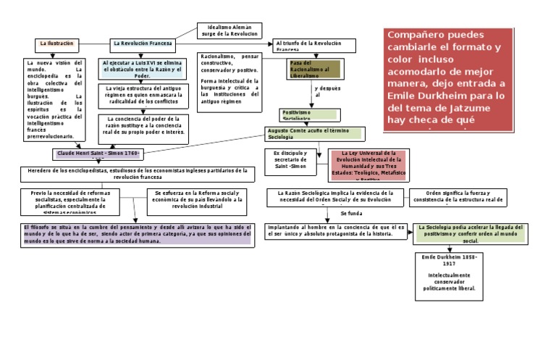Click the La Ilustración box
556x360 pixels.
pos(56,43)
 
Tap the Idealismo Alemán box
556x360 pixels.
pos(228,30)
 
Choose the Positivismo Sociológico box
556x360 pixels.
pos(308,113)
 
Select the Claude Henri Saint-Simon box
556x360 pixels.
pos(101,155)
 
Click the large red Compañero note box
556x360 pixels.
pos(447,80)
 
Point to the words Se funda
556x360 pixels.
pos(350,214)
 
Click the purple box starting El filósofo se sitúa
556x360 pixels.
pos(135,234)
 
